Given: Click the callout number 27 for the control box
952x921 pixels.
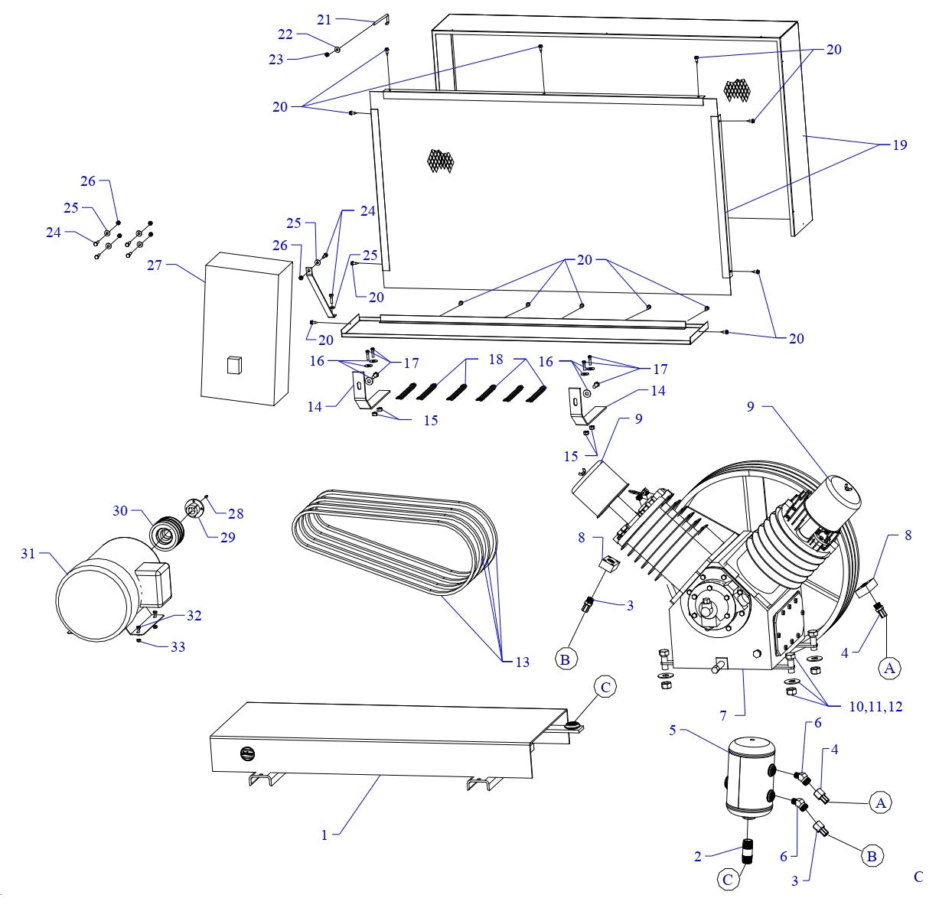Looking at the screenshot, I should click(x=155, y=266).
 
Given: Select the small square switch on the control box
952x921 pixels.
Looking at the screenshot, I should click(x=233, y=365).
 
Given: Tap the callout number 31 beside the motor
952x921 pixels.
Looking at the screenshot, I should click(x=28, y=553).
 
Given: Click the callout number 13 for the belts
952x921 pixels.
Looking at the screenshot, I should click(x=522, y=662).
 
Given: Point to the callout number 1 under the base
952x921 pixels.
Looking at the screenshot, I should click(x=324, y=835).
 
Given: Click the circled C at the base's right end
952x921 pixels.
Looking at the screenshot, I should click(x=605, y=688).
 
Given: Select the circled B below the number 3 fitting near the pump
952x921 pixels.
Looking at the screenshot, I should click(x=566, y=658).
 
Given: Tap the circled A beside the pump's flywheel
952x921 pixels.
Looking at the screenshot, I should click(x=889, y=668).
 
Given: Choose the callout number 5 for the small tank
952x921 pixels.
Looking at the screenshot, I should click(x=673, y=731).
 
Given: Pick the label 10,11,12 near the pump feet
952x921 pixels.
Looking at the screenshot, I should click(x=874, y=707).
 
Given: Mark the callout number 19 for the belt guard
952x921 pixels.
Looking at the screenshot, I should click(x=900, y=145).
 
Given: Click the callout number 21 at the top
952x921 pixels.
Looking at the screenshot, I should click(x=324, y=20).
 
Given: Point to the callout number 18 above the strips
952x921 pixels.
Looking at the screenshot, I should click(x=495, y=360).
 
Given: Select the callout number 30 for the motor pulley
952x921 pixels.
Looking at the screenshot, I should click(x=120, y=511).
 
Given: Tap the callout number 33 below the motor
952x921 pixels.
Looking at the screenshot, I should click(x=178, y=647).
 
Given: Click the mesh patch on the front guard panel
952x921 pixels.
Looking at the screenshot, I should click(x=441, y=160).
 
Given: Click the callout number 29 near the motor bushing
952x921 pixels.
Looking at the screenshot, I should click(x=228, y=537).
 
